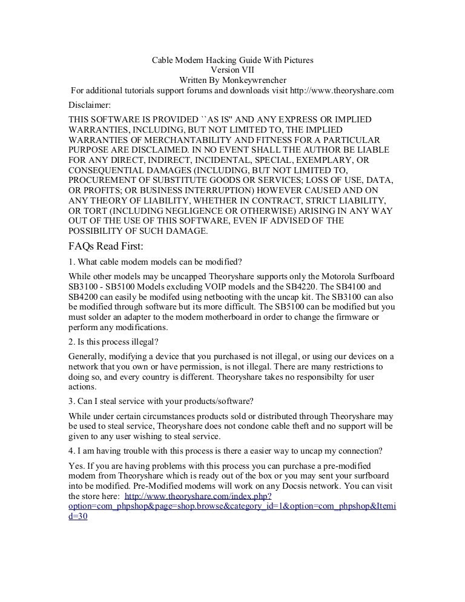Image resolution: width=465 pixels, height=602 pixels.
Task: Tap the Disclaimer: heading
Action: [x=90, y=104]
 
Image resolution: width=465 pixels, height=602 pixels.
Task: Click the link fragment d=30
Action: [x=79, y=518]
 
